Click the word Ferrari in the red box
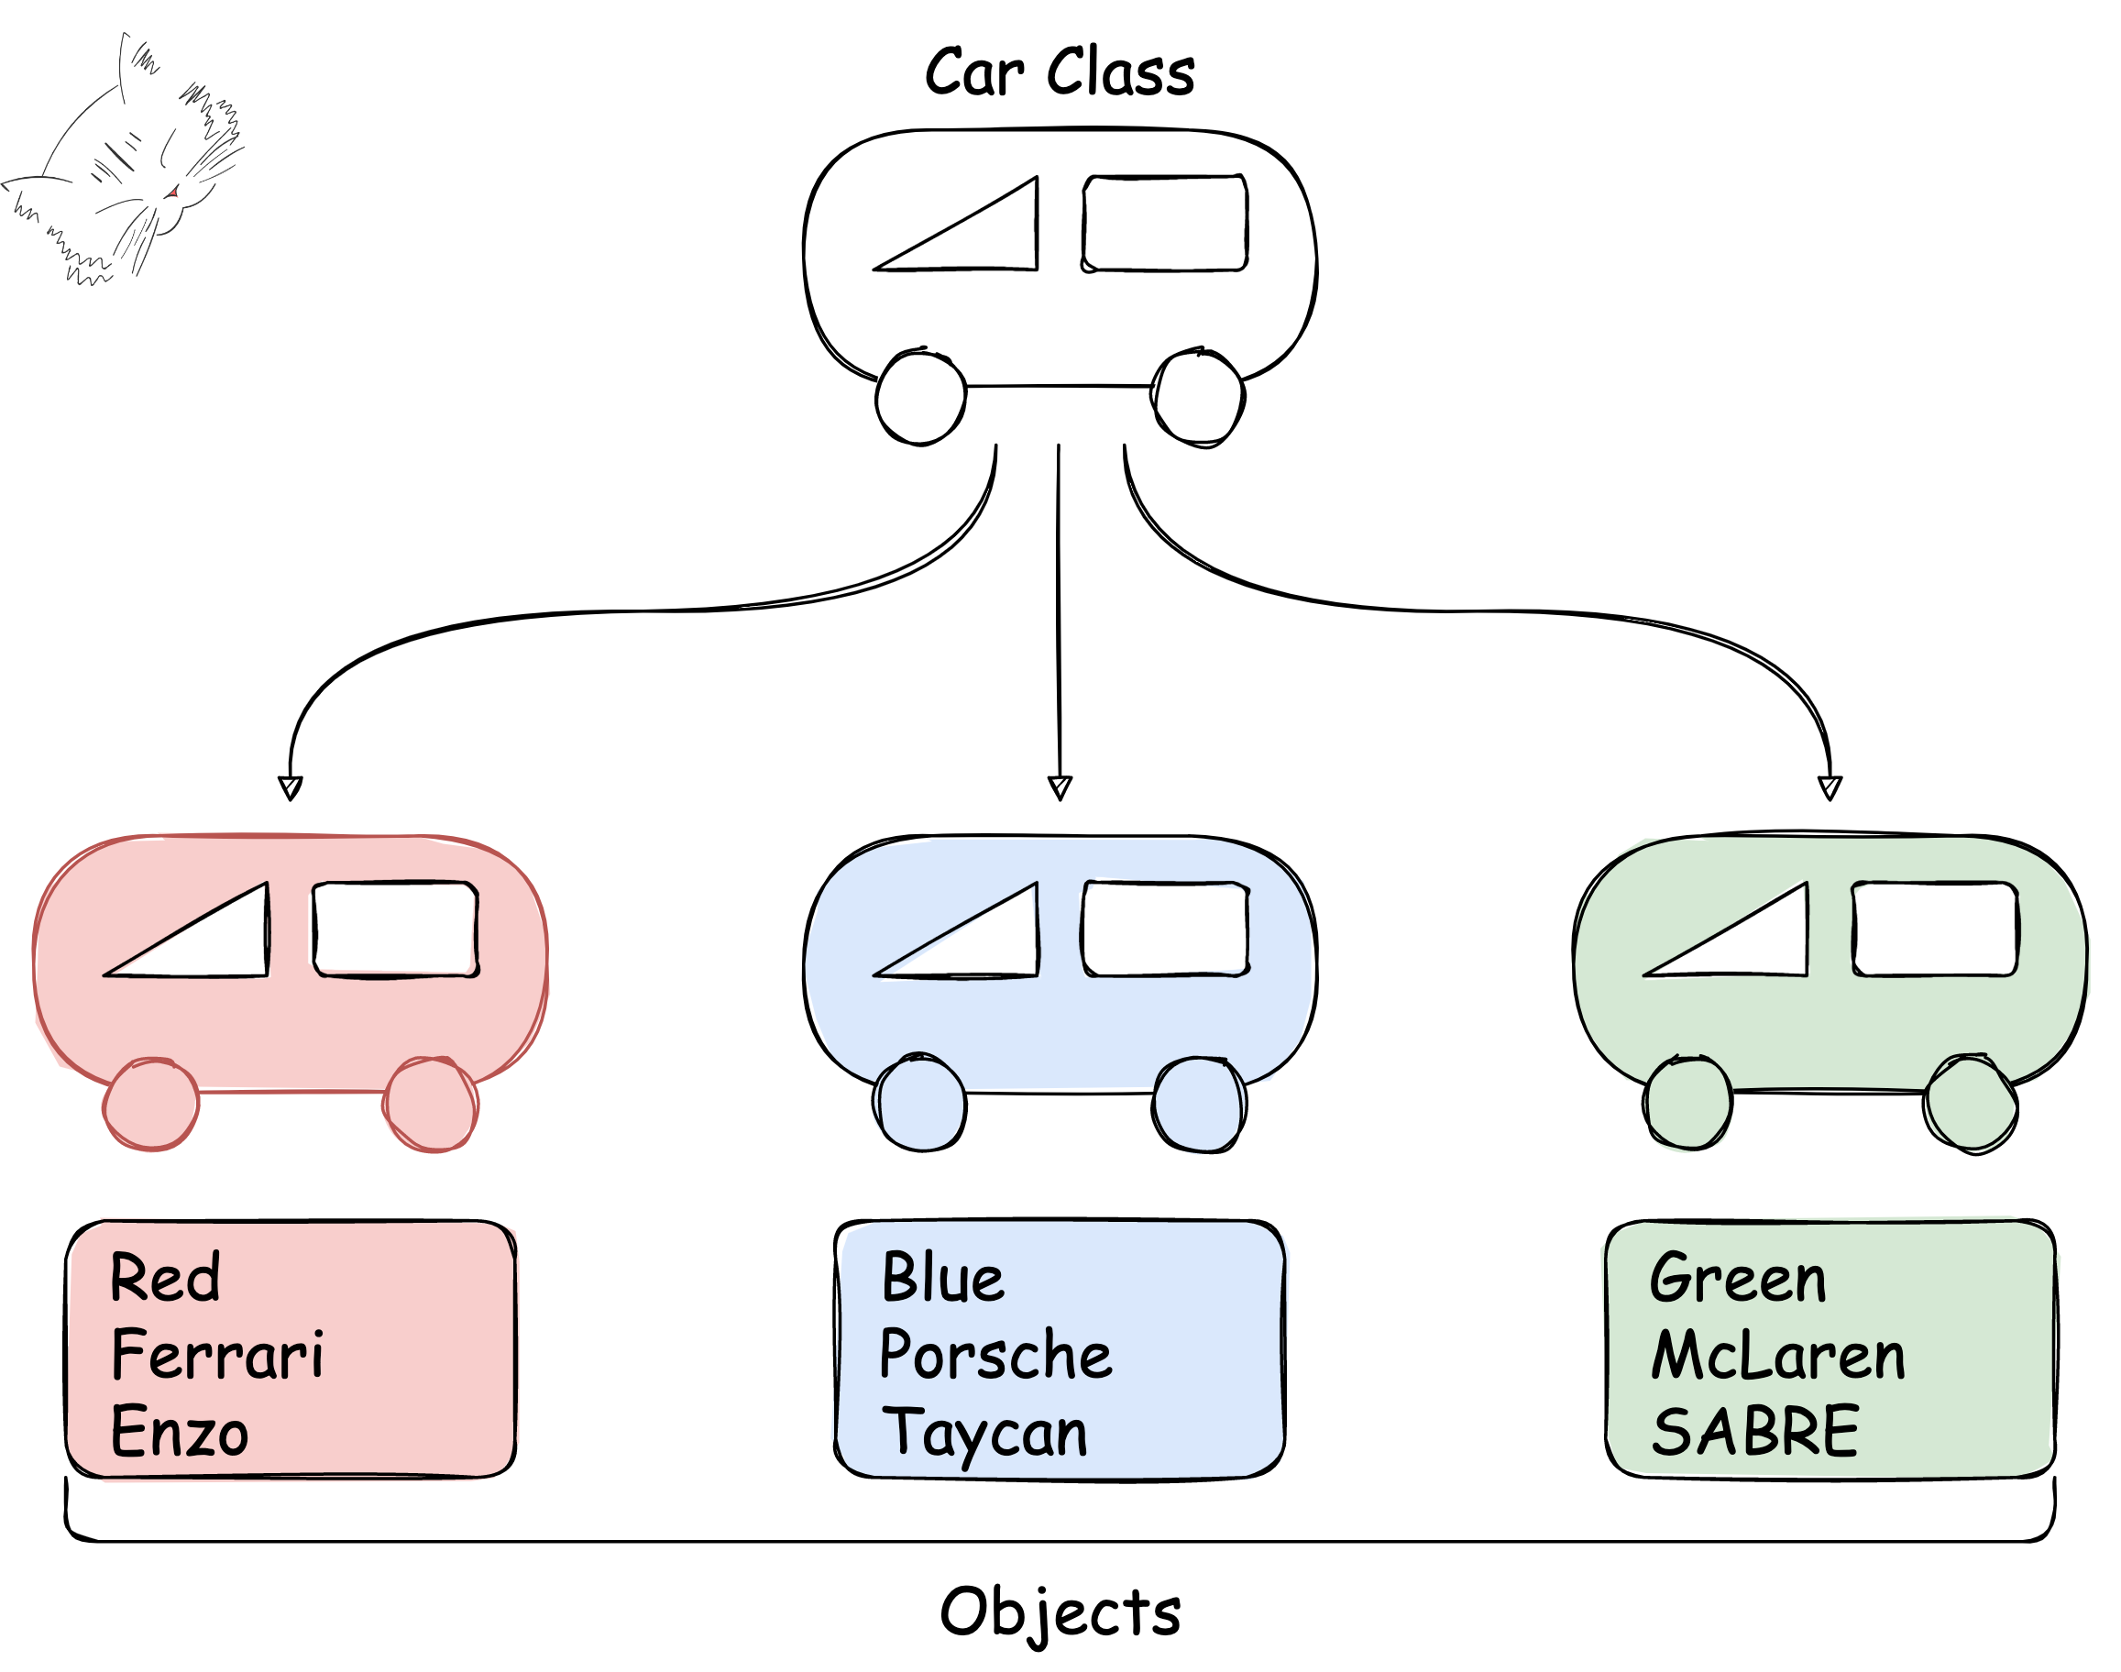pyautogui.click(x=217, y=1356)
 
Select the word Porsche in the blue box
pyautogui.click(x=996, y=1356)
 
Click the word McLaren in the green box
pyautogui.click(x=1778, y=1356)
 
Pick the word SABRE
pyautogui.click(x=1755, y=1432)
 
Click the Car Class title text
pyautogui.click(x=1060, y=72)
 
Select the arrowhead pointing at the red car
pyautogui.click(x=291, y=788)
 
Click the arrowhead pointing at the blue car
pyautogui.click(x=1060, y=788)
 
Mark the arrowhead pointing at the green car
pyautogui.click(x=1830, y=788)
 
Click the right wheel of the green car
pyautogui.click(x=1971, y=1105)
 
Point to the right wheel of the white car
pyautogui.click(x=1199, y=398)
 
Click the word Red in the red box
pyautogui.click(x=165, y=1279)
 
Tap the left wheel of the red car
pyautogui.click(x=152, y=1105)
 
